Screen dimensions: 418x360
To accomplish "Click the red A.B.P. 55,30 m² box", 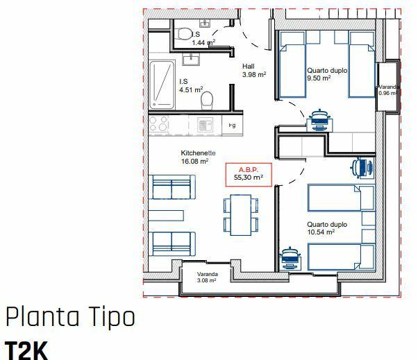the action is pyautogui.click(x=249, y=174).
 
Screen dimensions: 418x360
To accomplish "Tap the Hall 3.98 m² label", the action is pyautogui.click(x=254, y=71).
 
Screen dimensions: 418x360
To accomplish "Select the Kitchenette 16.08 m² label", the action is pyautogui.click(x=198, y=157).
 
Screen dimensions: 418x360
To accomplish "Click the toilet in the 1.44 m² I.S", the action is pyautogui.click(x=184, y=33).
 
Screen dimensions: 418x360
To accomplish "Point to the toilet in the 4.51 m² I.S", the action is pyautogui.click(x=207, y=100).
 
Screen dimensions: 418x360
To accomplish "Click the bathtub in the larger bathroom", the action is pyautogui.click(x=162, y=85).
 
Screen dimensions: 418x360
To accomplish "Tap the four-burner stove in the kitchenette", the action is pyautogui.click(x=158, y=124).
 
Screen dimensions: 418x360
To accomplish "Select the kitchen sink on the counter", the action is pyautogui.click(x=205, y=125).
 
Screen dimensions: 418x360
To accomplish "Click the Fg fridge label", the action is pyautogui.click(x=232, y=125).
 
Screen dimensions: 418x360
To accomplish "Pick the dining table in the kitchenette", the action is pyautogui.click(x=241, y=215).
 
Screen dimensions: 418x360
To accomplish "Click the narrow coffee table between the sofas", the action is pyautogui.click(x=166, y=216).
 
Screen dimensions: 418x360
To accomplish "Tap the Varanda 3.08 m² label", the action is pyautogui.click(x=207, y=277).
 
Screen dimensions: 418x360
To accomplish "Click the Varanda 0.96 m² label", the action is pyautogui.click(x=388, y=90).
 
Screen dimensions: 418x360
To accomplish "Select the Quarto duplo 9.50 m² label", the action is pyautogui.click(x=327, y=74).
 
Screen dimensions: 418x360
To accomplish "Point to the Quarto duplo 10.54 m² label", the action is pyautogui.click(x=327, y=228).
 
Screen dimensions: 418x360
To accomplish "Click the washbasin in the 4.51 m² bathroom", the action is pyautogui.click(x=191, y=59).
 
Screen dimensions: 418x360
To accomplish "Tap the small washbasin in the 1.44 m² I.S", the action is pyautogui.click(x=205, y=24).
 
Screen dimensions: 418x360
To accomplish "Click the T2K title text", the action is pyautogui.click(x=26, y=351).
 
